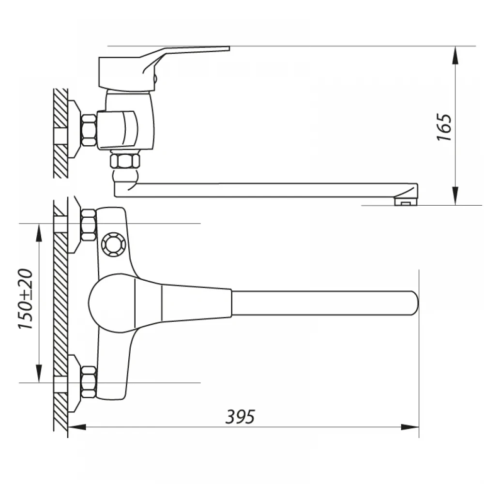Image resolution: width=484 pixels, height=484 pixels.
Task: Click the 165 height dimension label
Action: (x=444, y=127)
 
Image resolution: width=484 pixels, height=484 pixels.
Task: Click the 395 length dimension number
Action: (x=240, y=417)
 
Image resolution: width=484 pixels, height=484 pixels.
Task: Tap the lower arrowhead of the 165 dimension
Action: (x=455, y=196)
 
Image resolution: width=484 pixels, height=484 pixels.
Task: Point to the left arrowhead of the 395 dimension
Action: (x=77, y=427)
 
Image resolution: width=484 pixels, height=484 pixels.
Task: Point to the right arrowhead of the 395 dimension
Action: (x=409, y=427)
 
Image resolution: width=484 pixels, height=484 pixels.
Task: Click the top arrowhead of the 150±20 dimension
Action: (x=39, y=232)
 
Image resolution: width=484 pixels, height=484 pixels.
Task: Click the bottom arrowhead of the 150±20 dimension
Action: (x=39, y=374)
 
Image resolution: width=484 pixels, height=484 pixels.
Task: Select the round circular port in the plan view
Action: (x=114, y=244)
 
